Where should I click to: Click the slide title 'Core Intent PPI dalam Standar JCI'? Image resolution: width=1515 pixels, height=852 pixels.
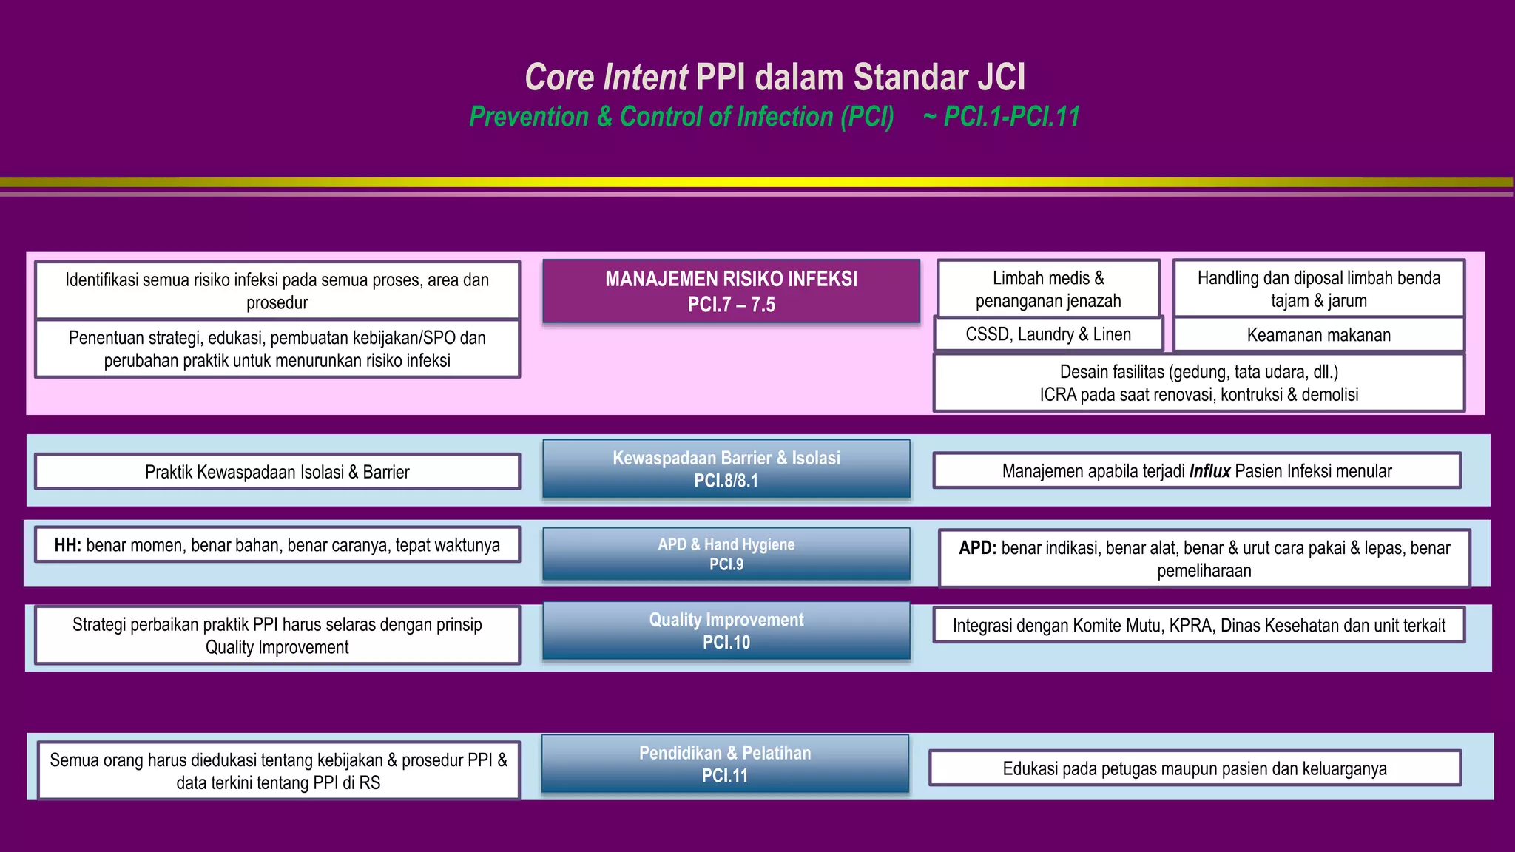click(775, 78)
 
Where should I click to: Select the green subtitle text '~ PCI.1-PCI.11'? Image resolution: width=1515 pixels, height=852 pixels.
click(1002, 117)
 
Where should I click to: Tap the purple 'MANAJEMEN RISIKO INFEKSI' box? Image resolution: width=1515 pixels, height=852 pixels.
click(731, 291)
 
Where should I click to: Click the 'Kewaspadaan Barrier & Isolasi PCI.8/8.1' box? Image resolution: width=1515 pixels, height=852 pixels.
click(726, 469)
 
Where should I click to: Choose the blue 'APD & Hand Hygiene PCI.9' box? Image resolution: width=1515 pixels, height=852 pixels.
click(726, 554)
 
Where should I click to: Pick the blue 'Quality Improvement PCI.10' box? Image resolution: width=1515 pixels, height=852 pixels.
click(726, 631)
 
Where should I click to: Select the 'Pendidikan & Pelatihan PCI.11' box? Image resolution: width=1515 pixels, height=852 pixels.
click(725, 764)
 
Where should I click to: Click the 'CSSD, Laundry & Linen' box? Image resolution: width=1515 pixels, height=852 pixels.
click(1048, 334)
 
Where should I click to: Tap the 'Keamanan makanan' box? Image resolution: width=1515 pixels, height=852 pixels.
click(1318, 335)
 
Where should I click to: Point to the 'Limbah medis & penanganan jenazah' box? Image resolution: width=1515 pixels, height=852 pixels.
click(1048, 289)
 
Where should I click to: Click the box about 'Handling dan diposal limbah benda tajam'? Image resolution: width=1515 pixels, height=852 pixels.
click(1318, 289)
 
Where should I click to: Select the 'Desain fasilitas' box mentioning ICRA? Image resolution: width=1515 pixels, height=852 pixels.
click(1198, 383)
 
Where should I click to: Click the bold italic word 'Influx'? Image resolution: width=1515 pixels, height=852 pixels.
click(1209, 472)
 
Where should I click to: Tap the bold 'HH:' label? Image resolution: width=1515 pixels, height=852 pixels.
click(67, 546)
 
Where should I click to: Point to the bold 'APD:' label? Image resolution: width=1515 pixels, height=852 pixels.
click(977, 549)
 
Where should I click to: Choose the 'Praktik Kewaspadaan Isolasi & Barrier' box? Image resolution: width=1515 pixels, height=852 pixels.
click(277, 472)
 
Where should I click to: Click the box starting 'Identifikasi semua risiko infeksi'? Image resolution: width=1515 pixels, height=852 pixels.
click(277, 291)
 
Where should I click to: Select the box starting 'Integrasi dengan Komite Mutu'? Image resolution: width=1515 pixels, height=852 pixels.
click(1198, 626)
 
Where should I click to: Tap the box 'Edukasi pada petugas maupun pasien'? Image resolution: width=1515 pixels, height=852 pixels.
click(1194, 768)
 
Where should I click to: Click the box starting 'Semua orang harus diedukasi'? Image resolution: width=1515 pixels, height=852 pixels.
click(278, 771)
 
